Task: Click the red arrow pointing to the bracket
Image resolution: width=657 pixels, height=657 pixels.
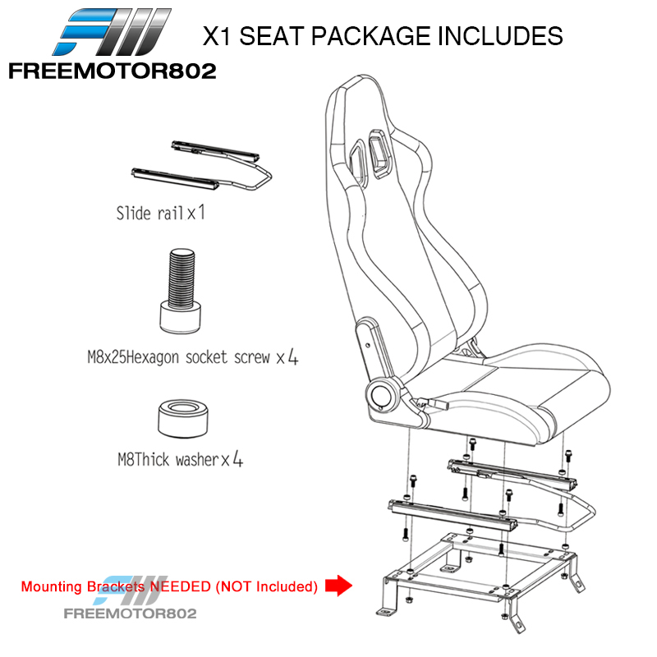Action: click(x=338, y=586)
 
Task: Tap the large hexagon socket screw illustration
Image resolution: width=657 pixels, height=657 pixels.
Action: click(x=181, y=291)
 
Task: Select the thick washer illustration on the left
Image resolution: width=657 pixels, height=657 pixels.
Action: click(x=183, y=418)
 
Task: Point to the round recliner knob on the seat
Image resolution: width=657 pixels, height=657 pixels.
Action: click(x=381, y=395)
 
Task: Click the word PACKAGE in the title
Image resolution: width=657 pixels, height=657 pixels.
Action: click(x=371, y=35)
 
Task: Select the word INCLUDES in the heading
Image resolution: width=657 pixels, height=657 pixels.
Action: click(x=500, y=35)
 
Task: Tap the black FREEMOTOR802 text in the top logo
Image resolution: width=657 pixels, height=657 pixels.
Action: click(x=113, y=71)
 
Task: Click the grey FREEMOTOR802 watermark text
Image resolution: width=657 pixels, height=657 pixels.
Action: click(x=130, y=613)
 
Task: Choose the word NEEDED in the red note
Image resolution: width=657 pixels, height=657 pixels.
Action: click(x=180, y=586)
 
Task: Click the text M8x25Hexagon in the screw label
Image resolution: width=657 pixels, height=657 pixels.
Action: click(x=133, y=358)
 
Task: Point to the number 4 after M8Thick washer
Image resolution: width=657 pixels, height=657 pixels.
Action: click(x=237, y=459)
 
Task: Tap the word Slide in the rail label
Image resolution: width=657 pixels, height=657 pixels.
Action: click(x=133, y=214)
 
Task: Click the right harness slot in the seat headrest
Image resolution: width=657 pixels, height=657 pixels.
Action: click(x=379, y=154)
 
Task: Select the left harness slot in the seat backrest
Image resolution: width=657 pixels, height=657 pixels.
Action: click(x=359, y=163)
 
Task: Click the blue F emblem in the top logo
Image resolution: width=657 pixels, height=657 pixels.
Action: click(x=86, y=31)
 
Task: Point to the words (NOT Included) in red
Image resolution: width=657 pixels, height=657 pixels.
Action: click(x=266, y=586)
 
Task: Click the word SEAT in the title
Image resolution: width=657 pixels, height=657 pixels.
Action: click(x=272, y=35)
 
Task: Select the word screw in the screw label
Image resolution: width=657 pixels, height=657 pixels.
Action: click(x=252, y=358)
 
